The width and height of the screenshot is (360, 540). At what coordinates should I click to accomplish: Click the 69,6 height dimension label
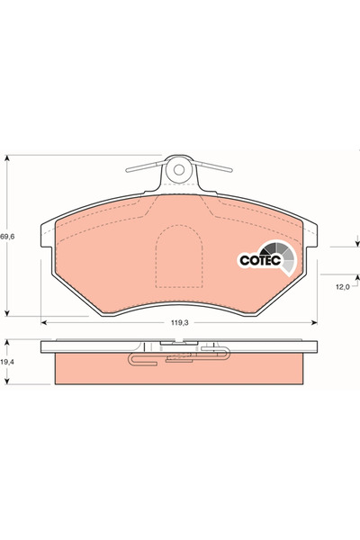coord(7,236)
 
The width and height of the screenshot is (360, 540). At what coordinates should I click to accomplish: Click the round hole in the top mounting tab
coord(178,167)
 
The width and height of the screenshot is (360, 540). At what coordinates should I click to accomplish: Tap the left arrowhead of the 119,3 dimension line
coord(45,322)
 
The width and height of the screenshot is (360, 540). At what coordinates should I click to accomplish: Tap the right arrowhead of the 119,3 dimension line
coord(315,322)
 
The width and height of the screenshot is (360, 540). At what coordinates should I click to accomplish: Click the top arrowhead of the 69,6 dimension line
coord(8,155)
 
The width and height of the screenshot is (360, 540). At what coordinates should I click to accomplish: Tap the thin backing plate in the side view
coord(180,347)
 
